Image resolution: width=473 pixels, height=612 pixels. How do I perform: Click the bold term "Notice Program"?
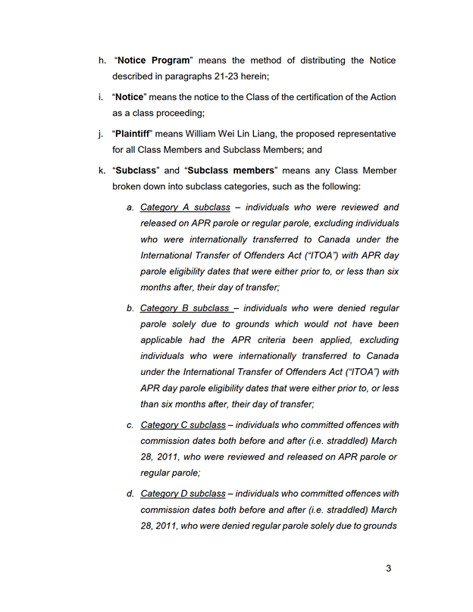click(x=154, y=61)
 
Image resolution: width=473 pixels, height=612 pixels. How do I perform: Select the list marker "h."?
click(x=102, y=61)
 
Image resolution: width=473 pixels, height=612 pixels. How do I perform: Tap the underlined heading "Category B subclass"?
click(x=186, y=308)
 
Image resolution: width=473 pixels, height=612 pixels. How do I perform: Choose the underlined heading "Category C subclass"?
click(x=183, y=425)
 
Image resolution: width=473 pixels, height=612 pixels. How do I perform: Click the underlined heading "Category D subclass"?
click(x=183, y=494)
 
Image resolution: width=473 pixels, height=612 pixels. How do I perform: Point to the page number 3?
click(x=388, y=568)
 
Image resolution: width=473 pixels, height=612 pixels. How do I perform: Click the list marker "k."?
click(x=102, y=170)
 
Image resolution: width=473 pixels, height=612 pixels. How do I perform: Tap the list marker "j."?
click(x=102, y=134)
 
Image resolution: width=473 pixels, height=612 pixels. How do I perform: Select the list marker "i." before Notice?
click(x=102, y=98)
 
